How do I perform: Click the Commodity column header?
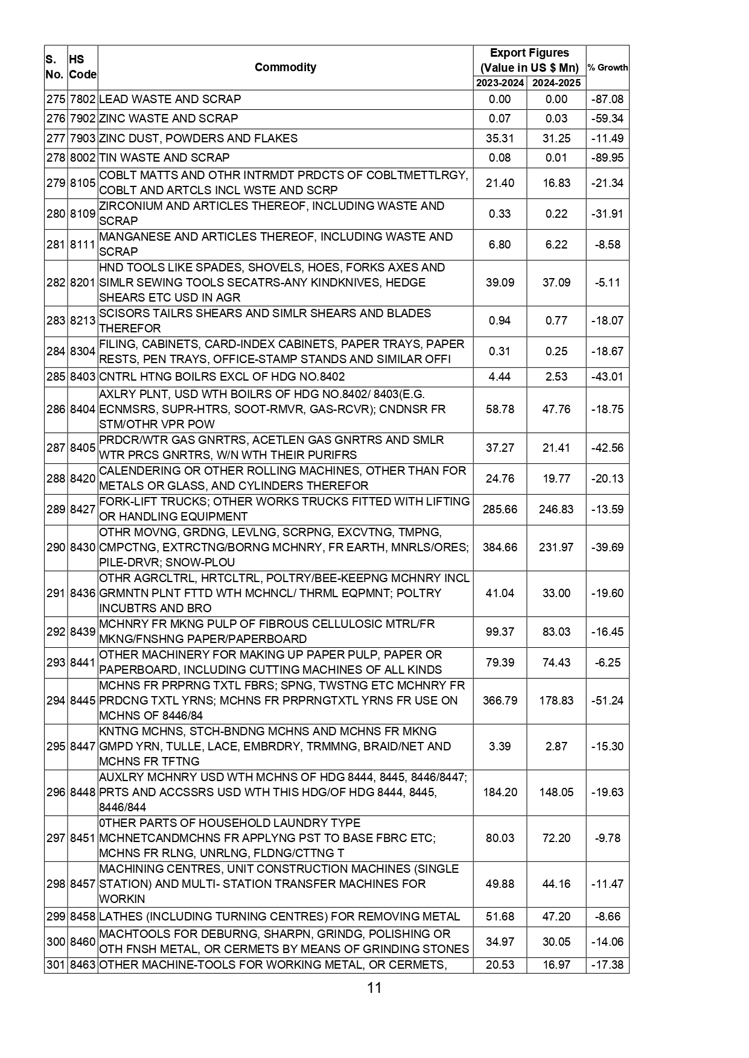coord(285,67)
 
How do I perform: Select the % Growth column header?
coord(607,68)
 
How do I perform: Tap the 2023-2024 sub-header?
coord(500,83)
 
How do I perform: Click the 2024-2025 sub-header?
coord(556,83)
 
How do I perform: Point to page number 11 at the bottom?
coord(374,988)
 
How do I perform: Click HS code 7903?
coord(83,138)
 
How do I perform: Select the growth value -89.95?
coord(607,158)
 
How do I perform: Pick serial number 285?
coord(56,377)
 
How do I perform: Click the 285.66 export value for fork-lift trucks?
coord(500,509)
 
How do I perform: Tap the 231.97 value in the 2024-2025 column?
coord(556,547)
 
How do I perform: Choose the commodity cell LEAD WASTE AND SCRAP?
coord(170,100)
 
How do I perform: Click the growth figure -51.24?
coord(607,700)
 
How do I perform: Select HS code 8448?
coord(83,792)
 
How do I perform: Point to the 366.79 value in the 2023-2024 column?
coord(500,700)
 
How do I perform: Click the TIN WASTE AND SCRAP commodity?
coord(164,158)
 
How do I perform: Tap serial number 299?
coord(56,916)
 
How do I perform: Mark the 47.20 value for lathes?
coord(556,916)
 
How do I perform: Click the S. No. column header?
coord(55,67)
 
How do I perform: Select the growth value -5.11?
coord(607,282)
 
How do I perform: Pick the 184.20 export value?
coord(500,792)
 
